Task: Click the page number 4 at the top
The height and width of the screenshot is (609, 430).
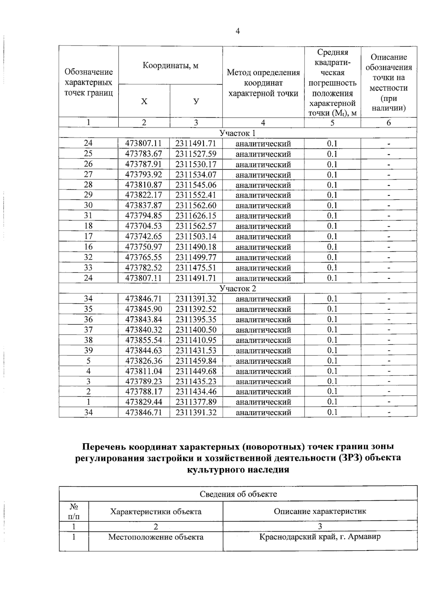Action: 237,32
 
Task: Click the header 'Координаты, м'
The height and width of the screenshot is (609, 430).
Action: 170,66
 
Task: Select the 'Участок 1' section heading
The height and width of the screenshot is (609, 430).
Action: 238,133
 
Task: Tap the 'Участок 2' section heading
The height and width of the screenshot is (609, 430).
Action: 238,288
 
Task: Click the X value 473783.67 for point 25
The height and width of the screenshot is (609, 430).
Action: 143,154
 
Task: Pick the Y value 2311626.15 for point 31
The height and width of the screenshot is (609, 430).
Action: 196,216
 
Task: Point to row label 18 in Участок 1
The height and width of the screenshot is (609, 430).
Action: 88,226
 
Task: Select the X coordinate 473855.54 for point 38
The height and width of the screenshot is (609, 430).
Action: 143,340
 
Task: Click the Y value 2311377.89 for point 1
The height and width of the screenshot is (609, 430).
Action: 196,402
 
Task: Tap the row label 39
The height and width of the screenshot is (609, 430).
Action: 88,350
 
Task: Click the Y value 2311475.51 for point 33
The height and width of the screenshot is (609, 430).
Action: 196,268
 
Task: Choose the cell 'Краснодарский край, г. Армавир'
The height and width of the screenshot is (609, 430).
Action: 320,537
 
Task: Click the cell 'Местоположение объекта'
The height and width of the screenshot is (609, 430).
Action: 156,537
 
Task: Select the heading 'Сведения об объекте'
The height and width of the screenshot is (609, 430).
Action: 238,494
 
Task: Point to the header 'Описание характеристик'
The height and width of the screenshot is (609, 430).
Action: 320,511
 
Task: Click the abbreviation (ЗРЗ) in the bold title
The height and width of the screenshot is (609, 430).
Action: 350,458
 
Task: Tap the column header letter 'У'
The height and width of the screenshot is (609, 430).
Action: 196,101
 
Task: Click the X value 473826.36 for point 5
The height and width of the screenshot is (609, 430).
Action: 143,361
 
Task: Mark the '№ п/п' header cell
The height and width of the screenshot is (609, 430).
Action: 74,511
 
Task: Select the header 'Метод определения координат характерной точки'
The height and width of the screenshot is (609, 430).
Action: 263,83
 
